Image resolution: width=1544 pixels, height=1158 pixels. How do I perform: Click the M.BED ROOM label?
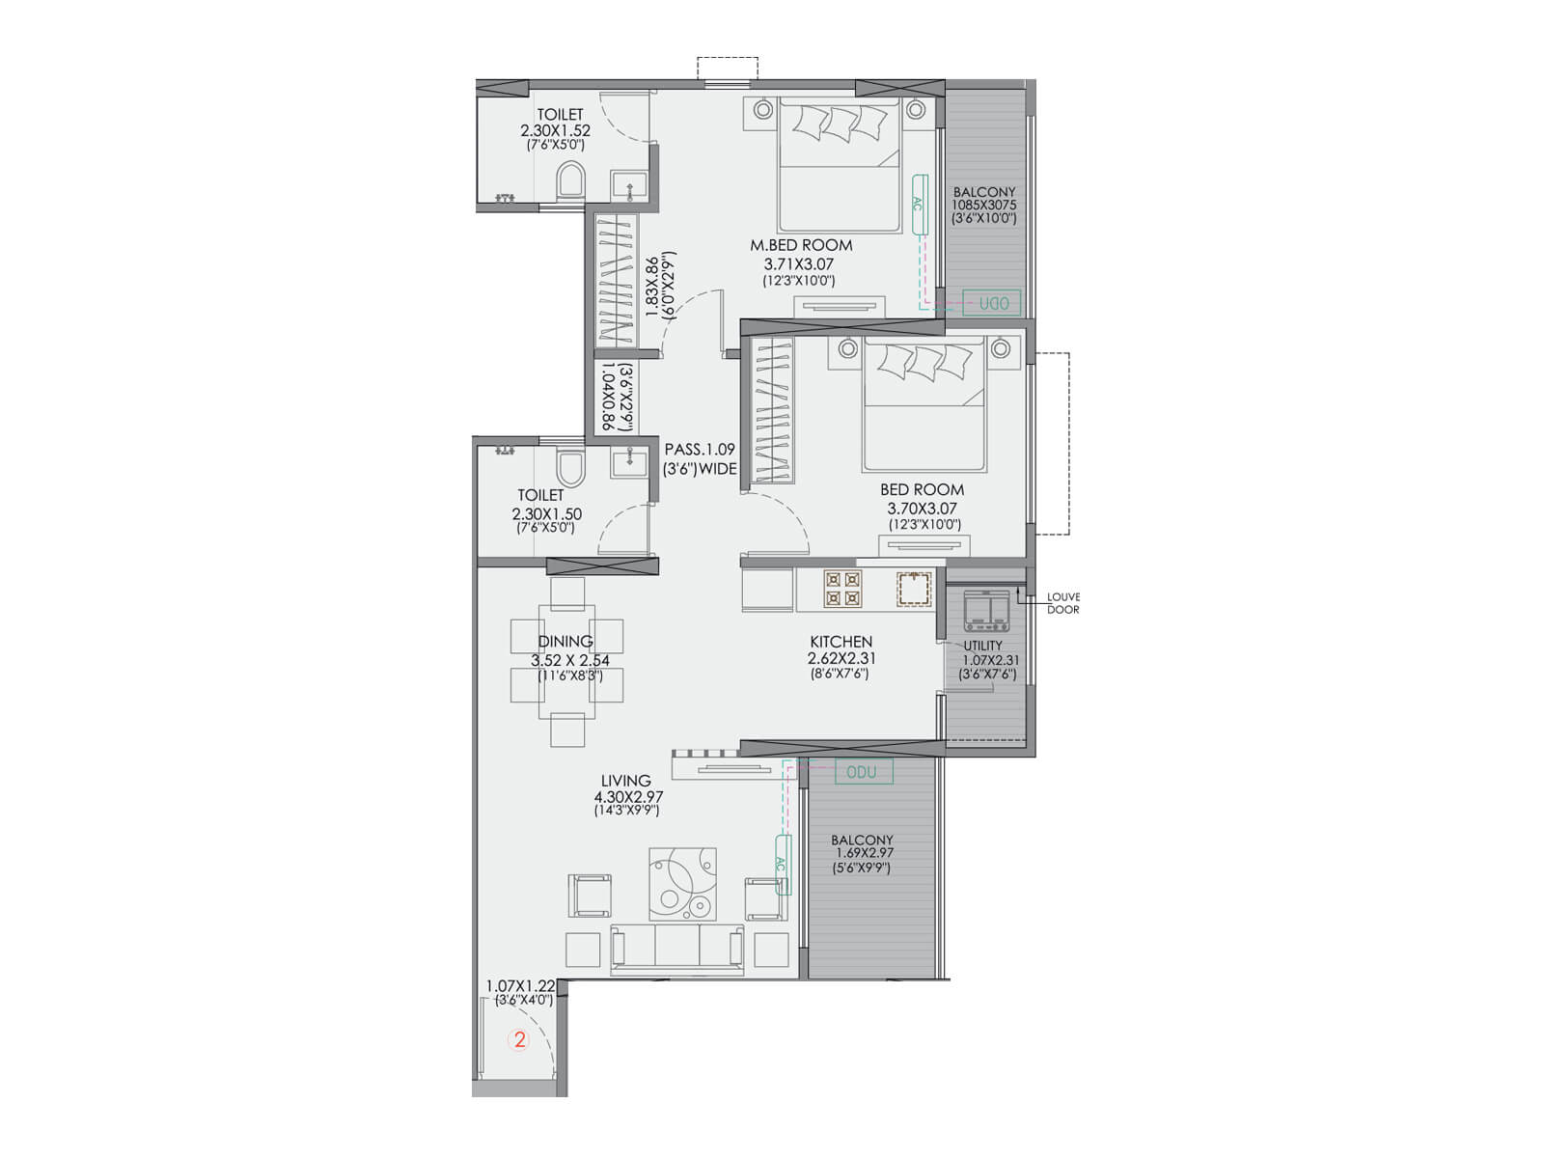(x=801, y=245)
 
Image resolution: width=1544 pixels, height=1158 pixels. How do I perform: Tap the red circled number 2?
(x=519, y=1039)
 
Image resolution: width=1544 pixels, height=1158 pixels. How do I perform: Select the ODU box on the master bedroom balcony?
(x=991, y=303)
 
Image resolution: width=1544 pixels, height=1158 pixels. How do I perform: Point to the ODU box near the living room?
(x=864, y=772)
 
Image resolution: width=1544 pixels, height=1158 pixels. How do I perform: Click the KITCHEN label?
(x=841, y=642)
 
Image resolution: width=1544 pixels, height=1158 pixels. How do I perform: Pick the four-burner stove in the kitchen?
(x=842, y=589)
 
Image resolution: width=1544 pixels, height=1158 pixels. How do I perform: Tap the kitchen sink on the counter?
(x=914, y=590)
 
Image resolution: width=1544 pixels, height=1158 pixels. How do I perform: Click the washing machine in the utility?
(x=985, y=610)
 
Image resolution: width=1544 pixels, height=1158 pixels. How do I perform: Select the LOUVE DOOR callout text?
(x=1062, y=603)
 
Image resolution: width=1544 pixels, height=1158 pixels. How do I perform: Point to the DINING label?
(x=565, y=641)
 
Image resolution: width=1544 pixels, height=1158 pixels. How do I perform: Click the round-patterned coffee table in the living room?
(x=682, y=884)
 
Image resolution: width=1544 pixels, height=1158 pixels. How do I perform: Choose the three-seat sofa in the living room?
(x=676, y=950)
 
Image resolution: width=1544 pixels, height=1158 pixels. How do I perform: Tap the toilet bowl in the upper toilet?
(x=569, y=182)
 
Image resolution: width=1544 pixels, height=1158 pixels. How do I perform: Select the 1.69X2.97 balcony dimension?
(x=864, y=853)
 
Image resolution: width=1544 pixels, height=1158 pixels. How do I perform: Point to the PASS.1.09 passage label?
(x=700, y=450)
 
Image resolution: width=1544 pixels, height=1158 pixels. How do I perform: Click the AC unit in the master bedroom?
(x=920, y=204)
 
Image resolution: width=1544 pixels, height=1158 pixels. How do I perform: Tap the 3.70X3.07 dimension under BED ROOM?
(x=923, y=509)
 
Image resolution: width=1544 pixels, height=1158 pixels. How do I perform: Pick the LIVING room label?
(x=626, y=781)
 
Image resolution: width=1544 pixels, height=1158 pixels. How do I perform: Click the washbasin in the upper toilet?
(x=628, y=186)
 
